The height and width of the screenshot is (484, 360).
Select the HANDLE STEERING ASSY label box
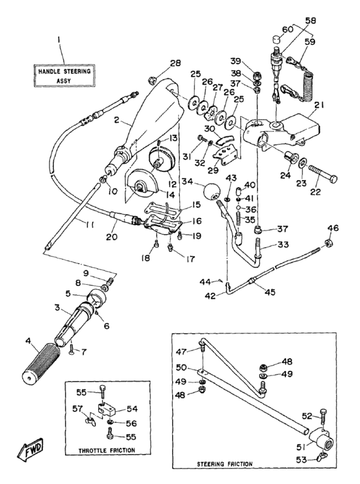(64, 76)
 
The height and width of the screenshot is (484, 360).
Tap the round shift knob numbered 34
(211, 192)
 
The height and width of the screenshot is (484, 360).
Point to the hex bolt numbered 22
(323, 174)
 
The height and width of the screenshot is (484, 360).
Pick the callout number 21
(319, 105)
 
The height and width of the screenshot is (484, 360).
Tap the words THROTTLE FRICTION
(107, 451)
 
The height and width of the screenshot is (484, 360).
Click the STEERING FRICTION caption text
(224, 464)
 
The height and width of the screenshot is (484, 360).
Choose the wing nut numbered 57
(91, 421)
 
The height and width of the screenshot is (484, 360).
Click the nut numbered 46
(329, 242)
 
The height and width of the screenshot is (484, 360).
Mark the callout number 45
(270, 292)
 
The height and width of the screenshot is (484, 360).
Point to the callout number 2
(116, 120)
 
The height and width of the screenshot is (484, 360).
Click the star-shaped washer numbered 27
(211, 114)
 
